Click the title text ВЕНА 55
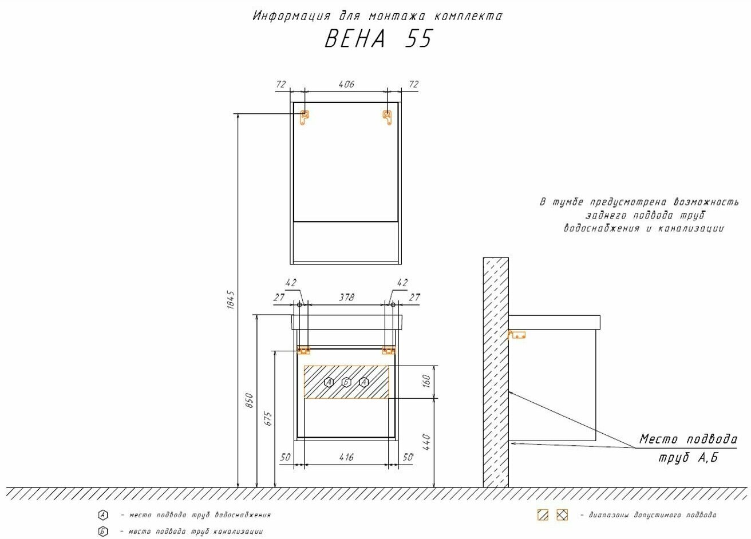pyautogui.click(x=379, y=38)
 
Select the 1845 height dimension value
pyautogui.click(x=231, y=300)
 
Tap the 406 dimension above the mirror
pyautogui.click(x=346, y=84)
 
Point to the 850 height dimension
pyautogui.click(x=250, y=401)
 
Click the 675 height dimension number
pyautogui.click(x=268, y=419)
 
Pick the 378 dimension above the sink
pyautogui.click(x=346, y=298)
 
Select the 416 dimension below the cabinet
pyautogui.click(x=346, y=457)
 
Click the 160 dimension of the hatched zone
pyautogui.click(x=426, y=381)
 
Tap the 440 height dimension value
pyautogui.click(x=426, y=442)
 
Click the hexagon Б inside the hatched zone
pyautogui.click(x=346, y=382)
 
